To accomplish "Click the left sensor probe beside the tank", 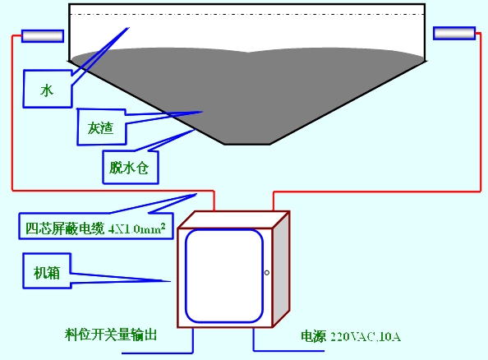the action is pos(43,36).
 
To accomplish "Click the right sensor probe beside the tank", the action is pos(454,34).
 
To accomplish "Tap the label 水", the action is pos(47,90).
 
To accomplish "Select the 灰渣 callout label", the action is pos(100,127).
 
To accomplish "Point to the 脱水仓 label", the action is pos(129,168).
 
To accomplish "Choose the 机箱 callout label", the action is pos(47,273).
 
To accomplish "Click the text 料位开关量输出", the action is pos(111,335).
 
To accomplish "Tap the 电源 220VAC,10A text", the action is pos(351,336).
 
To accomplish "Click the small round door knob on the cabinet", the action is pos(267,273).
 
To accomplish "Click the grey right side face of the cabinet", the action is pos(281,270).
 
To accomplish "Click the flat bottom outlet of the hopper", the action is pos(247,144).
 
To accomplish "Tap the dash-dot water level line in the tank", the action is pos(246,14).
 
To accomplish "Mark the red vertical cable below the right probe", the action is pos(481,112).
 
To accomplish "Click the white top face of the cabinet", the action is pos(234,219).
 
